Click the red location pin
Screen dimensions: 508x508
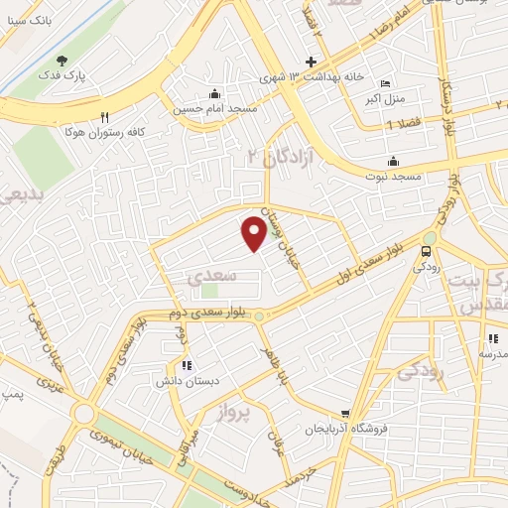click(x=254, y=233)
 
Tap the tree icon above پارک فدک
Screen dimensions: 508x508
click(x=64, y=61)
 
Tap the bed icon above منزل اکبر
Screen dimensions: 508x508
click(x=386, y=84)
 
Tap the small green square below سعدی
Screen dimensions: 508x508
click(x=208, y=291)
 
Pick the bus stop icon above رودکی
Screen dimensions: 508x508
click(x=428, y=251)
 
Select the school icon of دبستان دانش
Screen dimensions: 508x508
click(x=187, y=366)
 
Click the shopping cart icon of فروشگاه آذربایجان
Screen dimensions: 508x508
click(x=344, y=415)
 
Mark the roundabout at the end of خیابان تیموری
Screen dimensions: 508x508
click(x=84, y=414)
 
